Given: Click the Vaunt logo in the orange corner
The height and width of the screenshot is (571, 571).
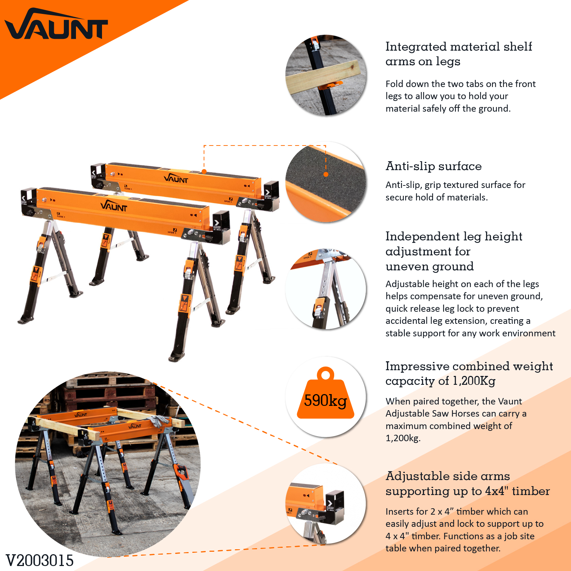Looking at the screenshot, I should click(56, 25).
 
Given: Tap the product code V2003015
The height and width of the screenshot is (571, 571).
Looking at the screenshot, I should click(40, 560).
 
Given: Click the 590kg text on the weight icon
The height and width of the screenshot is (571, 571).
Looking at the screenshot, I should click(325, 401).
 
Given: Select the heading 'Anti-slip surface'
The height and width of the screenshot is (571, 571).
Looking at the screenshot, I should click(433, 166).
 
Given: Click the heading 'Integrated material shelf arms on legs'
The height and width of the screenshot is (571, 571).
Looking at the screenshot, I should click(458, 54).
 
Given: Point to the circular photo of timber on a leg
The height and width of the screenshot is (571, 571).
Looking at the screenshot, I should click(326, 75).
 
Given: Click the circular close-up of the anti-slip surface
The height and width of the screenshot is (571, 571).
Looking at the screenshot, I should click(326, 182).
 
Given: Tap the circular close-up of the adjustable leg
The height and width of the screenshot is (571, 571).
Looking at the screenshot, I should click(326, 289).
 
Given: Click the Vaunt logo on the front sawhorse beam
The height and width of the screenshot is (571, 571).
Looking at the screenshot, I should click(114, 206).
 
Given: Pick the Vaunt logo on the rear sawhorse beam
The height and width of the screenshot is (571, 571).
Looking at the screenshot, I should click(176, 179).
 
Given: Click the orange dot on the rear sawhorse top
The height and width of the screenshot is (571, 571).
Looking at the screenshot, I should click(204, 172).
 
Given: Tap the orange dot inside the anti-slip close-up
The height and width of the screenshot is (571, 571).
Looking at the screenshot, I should click(326, 174).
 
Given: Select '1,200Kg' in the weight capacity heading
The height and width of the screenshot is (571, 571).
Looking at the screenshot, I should click(474, 381).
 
